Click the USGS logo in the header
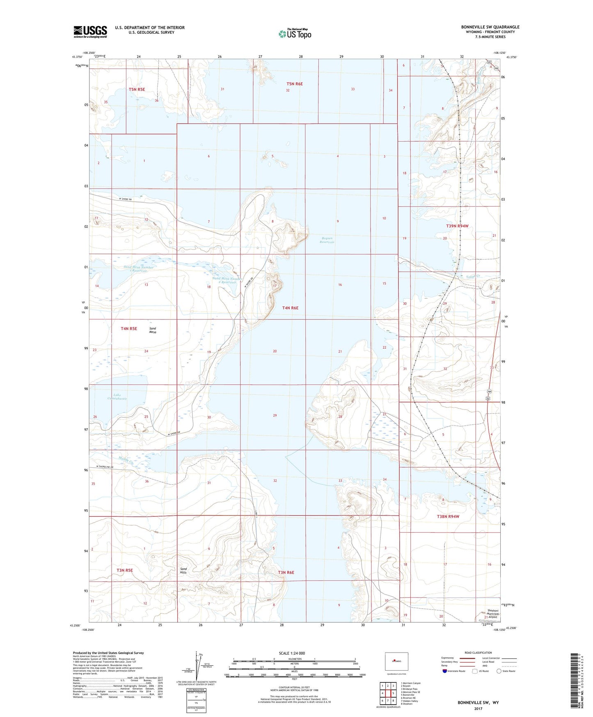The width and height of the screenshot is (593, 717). click(90, 32)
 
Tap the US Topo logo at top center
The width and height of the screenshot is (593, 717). click(295, 33)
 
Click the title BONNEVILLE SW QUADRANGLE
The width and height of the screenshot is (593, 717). click(490, 27)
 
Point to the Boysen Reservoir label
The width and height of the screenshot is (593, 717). click(327, 240)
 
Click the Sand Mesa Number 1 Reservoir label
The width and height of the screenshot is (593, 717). click(139, 269)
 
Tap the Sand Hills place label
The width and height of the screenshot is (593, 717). click(183, 570)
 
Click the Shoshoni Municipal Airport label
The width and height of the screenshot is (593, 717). click(492, 614)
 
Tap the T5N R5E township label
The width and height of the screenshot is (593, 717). click(137, 89)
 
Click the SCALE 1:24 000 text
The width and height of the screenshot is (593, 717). click(292, 653)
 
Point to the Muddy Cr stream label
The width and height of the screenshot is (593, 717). click(126, 460)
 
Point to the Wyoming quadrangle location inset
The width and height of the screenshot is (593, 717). click(396, 661)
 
